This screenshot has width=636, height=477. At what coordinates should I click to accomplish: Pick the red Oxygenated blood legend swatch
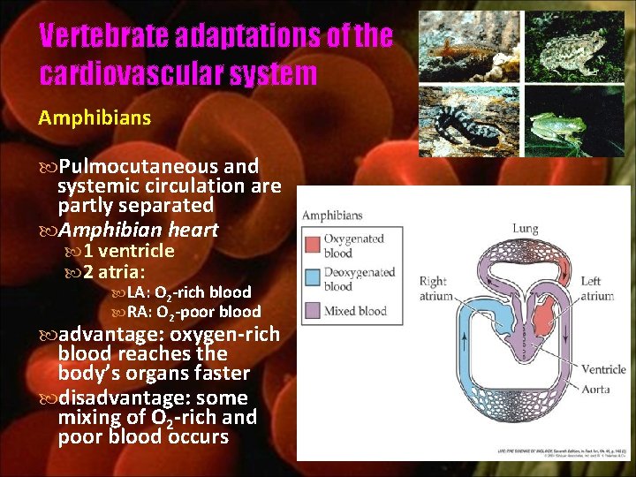[x=312, y=246]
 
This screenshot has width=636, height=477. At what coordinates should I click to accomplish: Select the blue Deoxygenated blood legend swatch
[x=312, y=279]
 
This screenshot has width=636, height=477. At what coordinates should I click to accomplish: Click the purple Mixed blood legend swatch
[x=312, y=311]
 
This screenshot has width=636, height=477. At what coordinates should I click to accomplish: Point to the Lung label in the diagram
[x=525, y=229]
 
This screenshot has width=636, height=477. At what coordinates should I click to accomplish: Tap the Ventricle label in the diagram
[x=603, y=370]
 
